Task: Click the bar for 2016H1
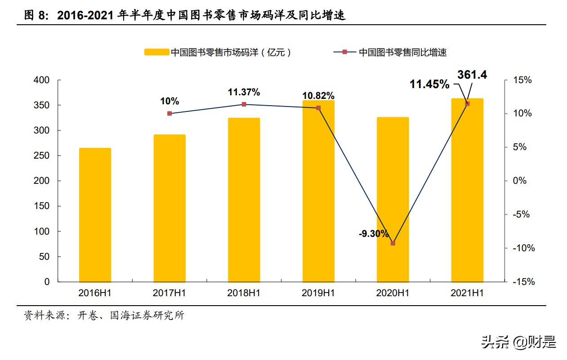click(x=95, y=215)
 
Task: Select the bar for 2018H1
click(x=244, y=200)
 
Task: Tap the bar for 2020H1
click(x=393, y=200)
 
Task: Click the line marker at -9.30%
click(x=393, y=243)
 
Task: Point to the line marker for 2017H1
click(x=170, y=114)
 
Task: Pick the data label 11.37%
click(x=244, y=93)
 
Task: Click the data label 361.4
click(x=472, y=75)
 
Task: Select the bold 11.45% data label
click(x=429, y=84)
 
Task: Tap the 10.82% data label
click(x=318, y=96)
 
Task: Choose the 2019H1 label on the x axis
click(x=318, y=293)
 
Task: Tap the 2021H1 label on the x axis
click(x=467, y=293)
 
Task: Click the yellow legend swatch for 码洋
click(x=156, y=53)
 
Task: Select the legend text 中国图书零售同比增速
click(x=402, y=53)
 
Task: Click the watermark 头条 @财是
click(x=518, y=342)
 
